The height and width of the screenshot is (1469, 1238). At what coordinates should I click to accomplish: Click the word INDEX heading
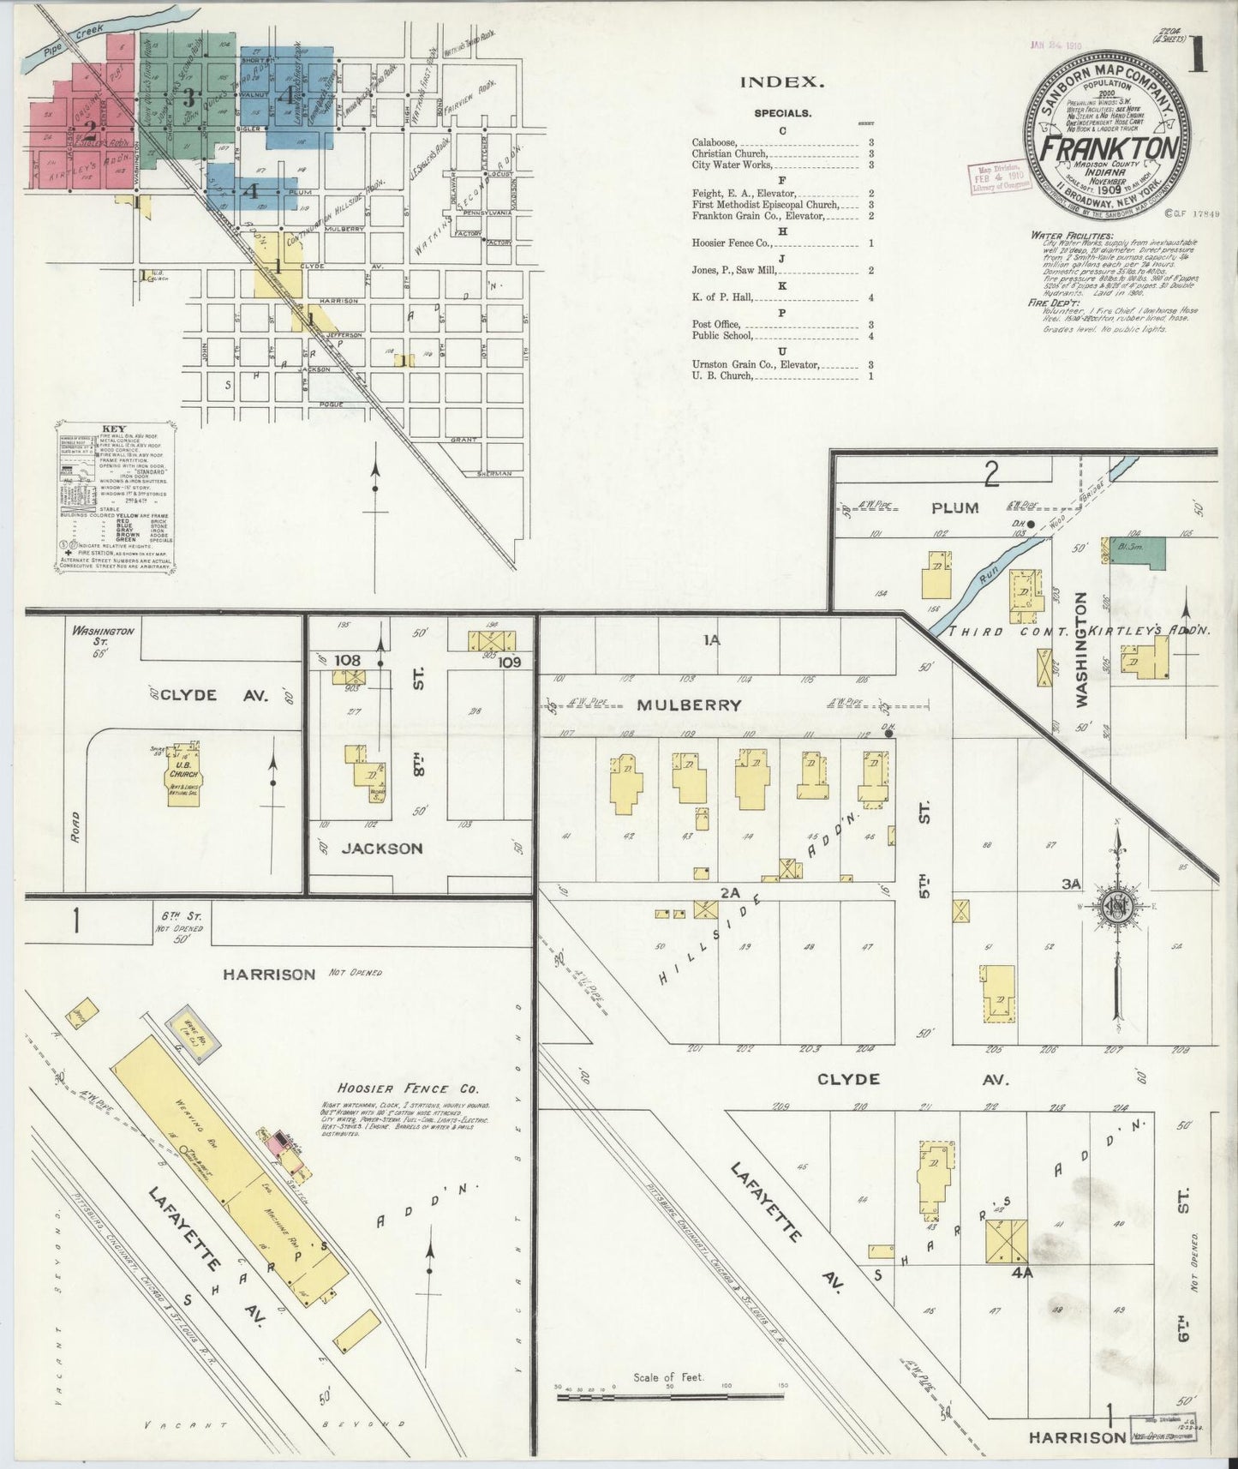782,82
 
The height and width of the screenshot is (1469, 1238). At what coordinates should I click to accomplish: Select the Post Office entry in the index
716,325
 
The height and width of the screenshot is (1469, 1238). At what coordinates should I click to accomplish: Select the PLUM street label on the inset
954,507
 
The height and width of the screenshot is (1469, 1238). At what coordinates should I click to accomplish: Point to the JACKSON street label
382,848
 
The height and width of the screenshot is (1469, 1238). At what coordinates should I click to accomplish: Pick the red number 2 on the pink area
89,129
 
